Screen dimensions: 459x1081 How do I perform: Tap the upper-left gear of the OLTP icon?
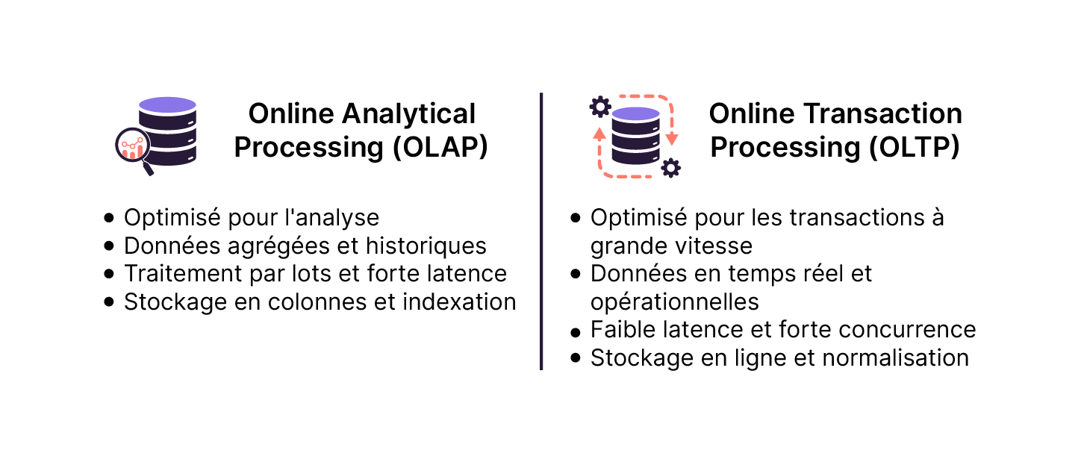[599, 107]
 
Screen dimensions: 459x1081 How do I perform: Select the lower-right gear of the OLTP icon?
[671, 168]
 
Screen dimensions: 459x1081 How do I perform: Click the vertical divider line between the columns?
[540, 231]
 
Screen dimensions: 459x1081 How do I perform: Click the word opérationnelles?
[674, 302]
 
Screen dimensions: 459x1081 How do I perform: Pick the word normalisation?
[895, 357]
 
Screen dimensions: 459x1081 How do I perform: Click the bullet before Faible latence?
[575, 331]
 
